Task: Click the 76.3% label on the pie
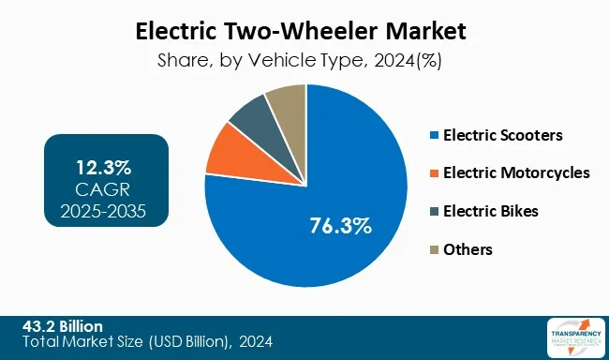(x=341, y=226)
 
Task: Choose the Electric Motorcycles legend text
(x=516, y=172)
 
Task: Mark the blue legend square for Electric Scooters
(x=433, y=136)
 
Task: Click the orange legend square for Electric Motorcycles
(x=433, y=173)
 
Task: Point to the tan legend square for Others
(x=433, y=249)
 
